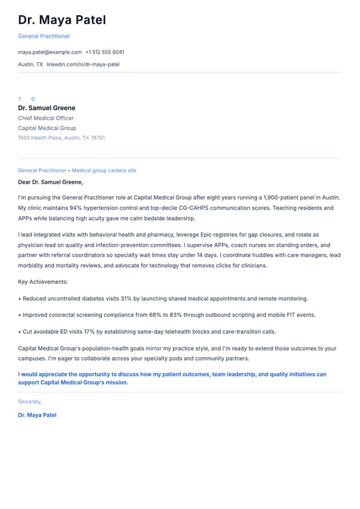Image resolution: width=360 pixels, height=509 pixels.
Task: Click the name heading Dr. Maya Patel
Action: [x=62, y=21]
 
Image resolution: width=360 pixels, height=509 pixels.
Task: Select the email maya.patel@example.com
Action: [x=50, y=52]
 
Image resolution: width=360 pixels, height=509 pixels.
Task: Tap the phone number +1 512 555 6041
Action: [x=105, y=52]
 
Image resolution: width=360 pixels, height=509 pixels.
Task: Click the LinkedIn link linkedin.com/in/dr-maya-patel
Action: [x=83, y=64]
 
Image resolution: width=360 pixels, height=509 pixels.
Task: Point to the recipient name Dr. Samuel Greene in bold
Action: [x=46, y=108]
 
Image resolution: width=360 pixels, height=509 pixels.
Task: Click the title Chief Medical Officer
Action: [x=46, y=118]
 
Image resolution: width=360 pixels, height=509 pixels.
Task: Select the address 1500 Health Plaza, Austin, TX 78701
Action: [x=61, y=138]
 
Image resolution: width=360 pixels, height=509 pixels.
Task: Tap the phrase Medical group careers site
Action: [x=104, y=170]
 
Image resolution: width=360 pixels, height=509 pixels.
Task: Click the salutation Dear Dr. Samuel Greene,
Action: [x=50, y=182]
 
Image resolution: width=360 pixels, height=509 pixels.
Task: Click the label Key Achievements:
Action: [x=43, y=282]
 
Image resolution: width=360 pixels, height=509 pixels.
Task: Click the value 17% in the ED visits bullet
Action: [x=90, y=331]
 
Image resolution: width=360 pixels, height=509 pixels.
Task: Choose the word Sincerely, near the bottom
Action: [x=30, y=401]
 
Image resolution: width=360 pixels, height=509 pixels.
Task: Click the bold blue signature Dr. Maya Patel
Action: [x=37, y=415]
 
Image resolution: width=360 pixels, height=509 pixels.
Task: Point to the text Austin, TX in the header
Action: [x=30, y=64]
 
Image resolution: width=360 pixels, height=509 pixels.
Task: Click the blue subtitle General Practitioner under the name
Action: [x=44, y=36]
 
